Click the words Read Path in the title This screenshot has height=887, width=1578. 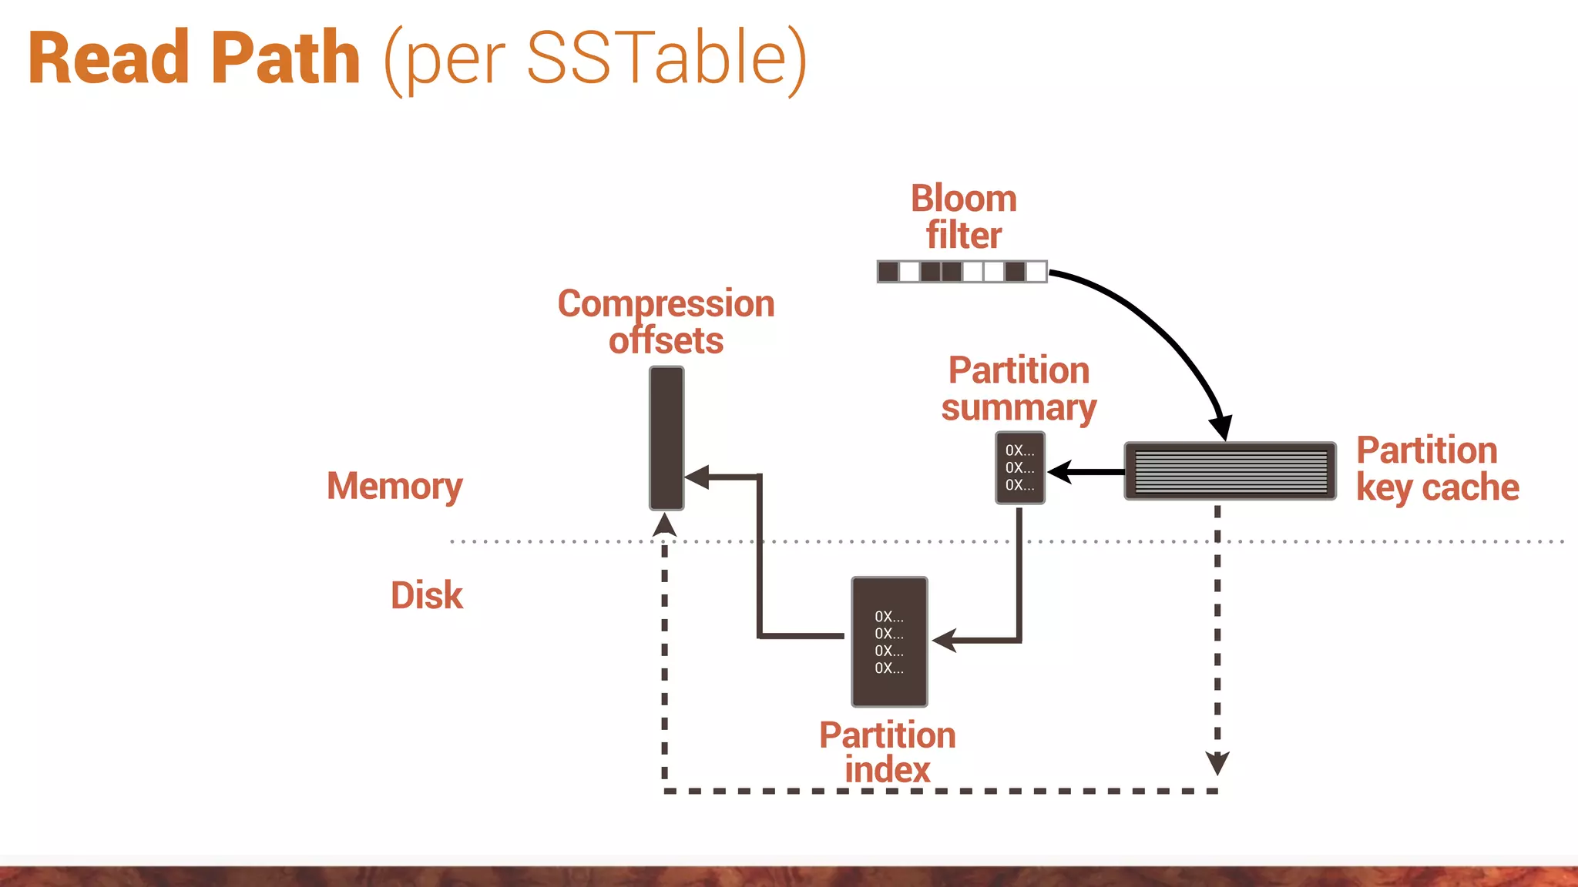pos(194,59)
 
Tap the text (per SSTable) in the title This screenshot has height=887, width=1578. pos(595,59)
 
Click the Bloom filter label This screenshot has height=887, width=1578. pos(963,216)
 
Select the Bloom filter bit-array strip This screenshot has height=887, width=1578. pos(962,271)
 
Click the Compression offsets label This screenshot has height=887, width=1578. pos(666,322)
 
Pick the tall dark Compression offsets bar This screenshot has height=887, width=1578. pos(666,437)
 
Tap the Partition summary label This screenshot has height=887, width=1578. pos(1019,389)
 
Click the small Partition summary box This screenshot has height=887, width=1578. pos(1019,467)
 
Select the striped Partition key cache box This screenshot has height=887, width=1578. pos(1230,470)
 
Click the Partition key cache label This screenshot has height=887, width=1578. pos(1436,468)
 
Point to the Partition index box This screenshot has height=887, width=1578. pos(889,641)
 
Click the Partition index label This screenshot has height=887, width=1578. pos(888,752)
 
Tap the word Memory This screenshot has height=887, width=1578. pos(394,486)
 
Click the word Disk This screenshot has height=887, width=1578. pos(426,595)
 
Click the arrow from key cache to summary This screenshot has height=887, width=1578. pos(1086,472)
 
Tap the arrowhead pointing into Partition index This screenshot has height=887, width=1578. pos(945,640)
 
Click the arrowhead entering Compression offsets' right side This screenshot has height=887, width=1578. pos(697,477)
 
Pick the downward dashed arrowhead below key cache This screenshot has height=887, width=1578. pos(1217,763)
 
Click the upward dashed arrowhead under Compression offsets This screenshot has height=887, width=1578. pos(664,525)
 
